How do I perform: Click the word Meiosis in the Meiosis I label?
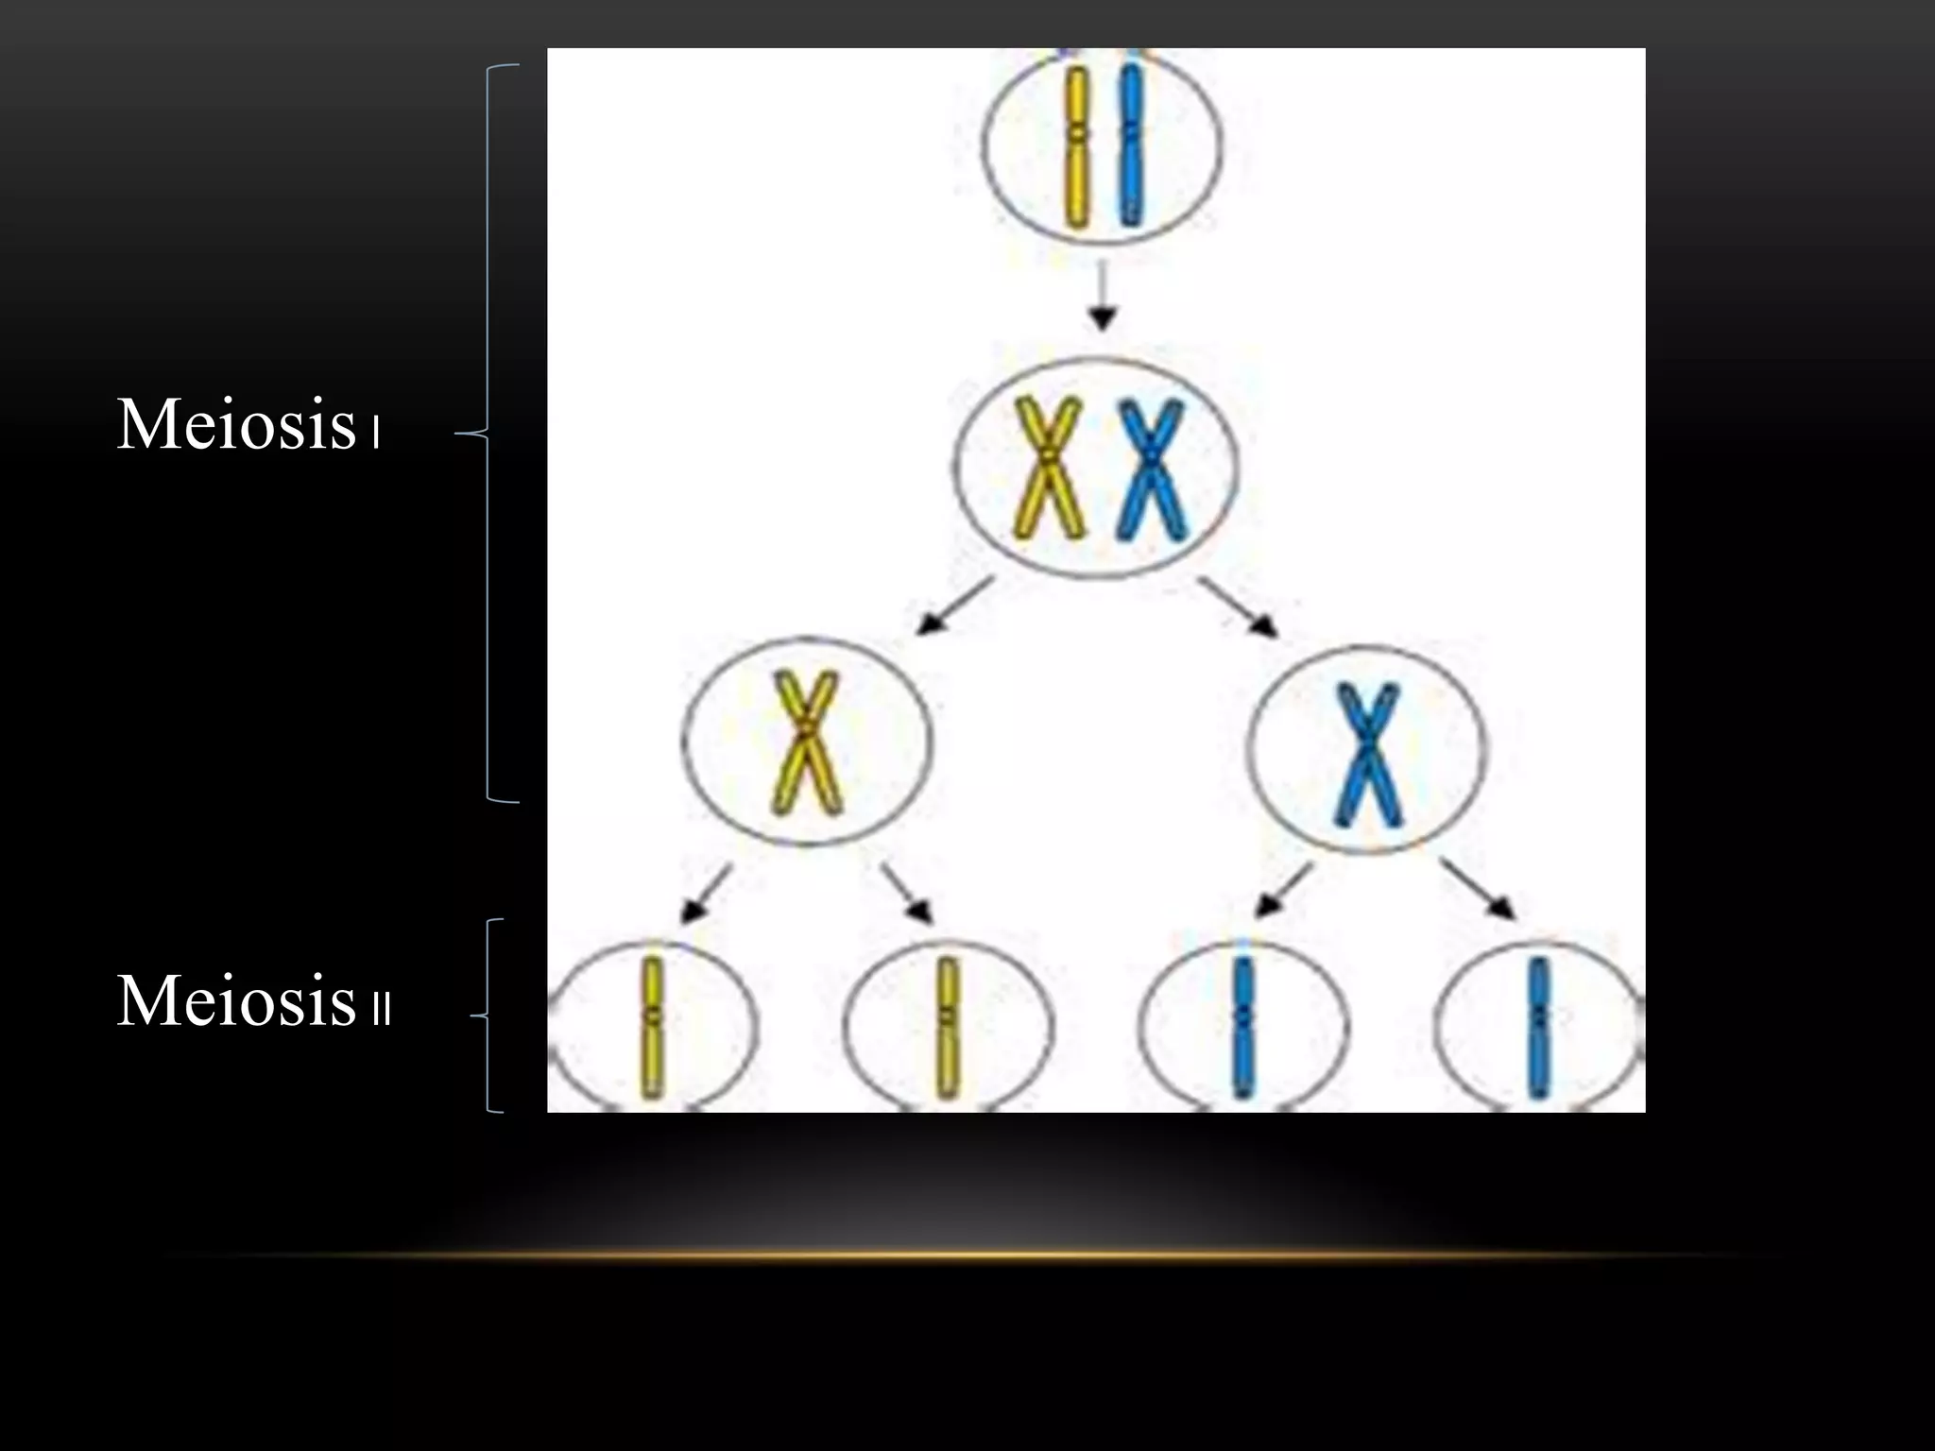coord(235,424)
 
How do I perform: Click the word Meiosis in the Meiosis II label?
coord(235,1000)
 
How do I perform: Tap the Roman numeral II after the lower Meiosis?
coord(382,1009)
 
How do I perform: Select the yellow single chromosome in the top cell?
coord(1076,146)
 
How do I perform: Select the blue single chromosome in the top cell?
coord(1130,146)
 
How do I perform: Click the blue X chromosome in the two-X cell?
coord(1151,469)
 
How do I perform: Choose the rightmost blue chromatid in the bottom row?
coord(1539,1030)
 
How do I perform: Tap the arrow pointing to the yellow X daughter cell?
coord(954,606)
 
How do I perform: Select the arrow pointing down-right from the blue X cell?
coord(1480,888)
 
